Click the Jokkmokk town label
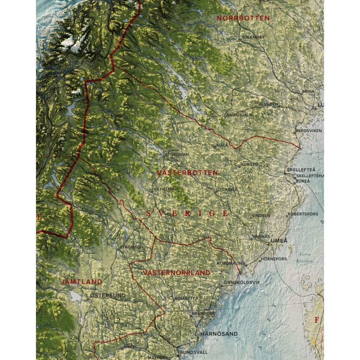254,37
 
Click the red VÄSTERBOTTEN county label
188,173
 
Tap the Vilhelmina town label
166,189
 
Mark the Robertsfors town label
303,214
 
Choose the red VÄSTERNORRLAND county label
176,273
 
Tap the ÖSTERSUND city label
108,296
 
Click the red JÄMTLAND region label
82,282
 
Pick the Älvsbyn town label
269,104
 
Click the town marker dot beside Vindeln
251,218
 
